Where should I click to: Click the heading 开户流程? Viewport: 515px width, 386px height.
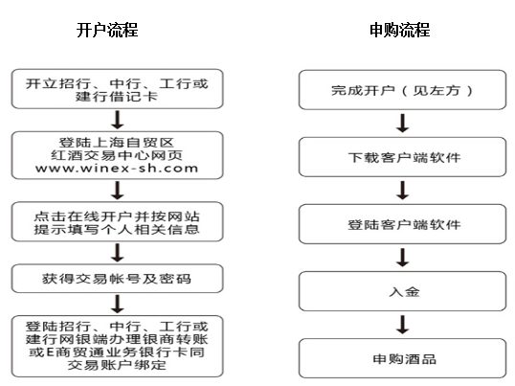point(107,30)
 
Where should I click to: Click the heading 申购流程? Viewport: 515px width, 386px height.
point(400,30)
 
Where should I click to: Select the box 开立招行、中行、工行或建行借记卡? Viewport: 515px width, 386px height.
point(117,89)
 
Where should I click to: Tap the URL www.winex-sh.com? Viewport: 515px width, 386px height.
point(117,169)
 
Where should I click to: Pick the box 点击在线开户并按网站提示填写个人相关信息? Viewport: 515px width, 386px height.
point(117,222)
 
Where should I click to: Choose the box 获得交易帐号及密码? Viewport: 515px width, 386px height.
point(117,279)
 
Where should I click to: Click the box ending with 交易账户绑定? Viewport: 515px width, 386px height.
point(117,346)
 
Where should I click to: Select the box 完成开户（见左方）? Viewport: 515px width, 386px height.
point(402,90)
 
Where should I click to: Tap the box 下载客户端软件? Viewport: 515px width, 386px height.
point(402,157)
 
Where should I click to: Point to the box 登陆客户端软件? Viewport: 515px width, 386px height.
point(402,224)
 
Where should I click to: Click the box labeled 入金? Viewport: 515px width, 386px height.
point(402,291)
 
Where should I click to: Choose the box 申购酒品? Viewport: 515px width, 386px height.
point(402,358)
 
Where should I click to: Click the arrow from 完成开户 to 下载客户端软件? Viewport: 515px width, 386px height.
point(403,124)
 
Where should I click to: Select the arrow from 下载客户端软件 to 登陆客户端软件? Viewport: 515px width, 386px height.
point(403,191)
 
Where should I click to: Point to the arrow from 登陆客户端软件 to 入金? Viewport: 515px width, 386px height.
point(403,258)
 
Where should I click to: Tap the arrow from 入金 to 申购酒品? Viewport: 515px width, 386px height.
point(403,325)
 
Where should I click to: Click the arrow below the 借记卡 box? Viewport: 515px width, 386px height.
point(117,120)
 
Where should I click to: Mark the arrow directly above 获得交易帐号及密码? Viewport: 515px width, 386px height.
point(117,253)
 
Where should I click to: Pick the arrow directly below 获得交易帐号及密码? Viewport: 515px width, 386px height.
point(117,304)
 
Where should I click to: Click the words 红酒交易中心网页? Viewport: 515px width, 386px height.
point(117,155)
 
